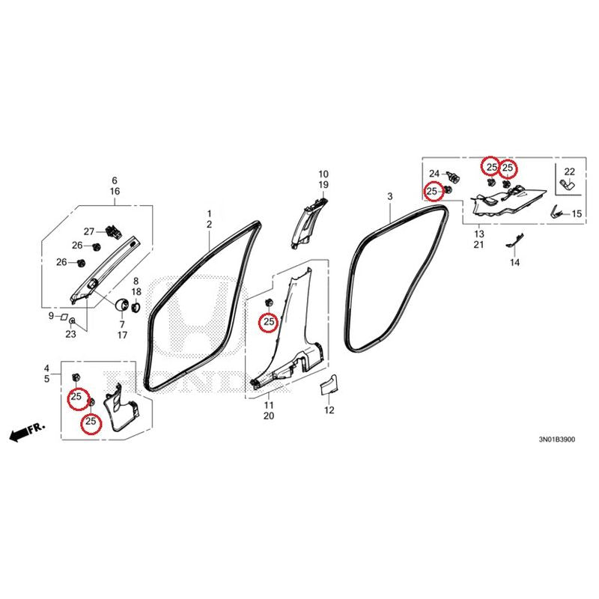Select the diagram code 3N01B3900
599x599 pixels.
[x=556, y=440]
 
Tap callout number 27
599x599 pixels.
[x=89, y=231]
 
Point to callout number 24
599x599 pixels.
[x=434, y=174]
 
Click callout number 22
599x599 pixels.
[x=569, y=171]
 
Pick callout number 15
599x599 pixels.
[x=577, y=213]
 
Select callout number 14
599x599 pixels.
[x=514, y=263]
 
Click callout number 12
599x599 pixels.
[x=329, y=410]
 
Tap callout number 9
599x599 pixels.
[x=51, y=316]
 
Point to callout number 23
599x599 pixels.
[x=70, y=334]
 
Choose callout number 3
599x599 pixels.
[x=389, y=197]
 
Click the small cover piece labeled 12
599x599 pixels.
[x=329, y=384]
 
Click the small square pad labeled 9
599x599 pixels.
[x=64, y=317]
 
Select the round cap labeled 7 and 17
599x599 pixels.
[x=122, y=305]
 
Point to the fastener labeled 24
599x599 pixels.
[x=454, y=177]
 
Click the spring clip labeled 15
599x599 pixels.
[x=558, y=211]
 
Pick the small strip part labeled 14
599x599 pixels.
[x=515, y=240]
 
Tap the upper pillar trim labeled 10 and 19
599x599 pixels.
[x=308, y=222]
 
